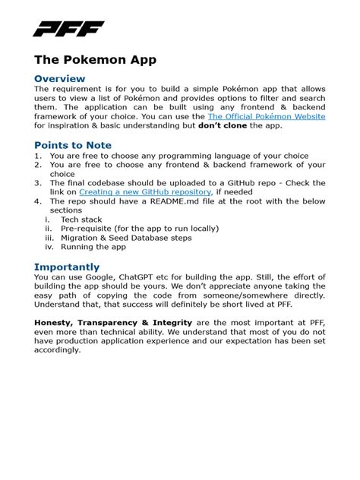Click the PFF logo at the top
pos(68,29)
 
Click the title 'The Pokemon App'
pos(95,60)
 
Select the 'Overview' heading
pos(59,79)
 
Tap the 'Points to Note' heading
pos(72,145)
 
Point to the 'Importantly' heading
pos(66,267)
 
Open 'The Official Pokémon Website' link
pos(267,117)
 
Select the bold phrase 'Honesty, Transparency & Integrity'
pos(113,323)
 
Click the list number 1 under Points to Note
pos(38,156)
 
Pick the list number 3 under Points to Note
pos(38,183)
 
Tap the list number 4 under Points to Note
pos(38,201)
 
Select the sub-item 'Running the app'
pos(93,247)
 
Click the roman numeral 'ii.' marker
pos(49,229)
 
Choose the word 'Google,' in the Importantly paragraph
pos(101,277)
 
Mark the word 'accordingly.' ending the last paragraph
pos(57,350)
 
